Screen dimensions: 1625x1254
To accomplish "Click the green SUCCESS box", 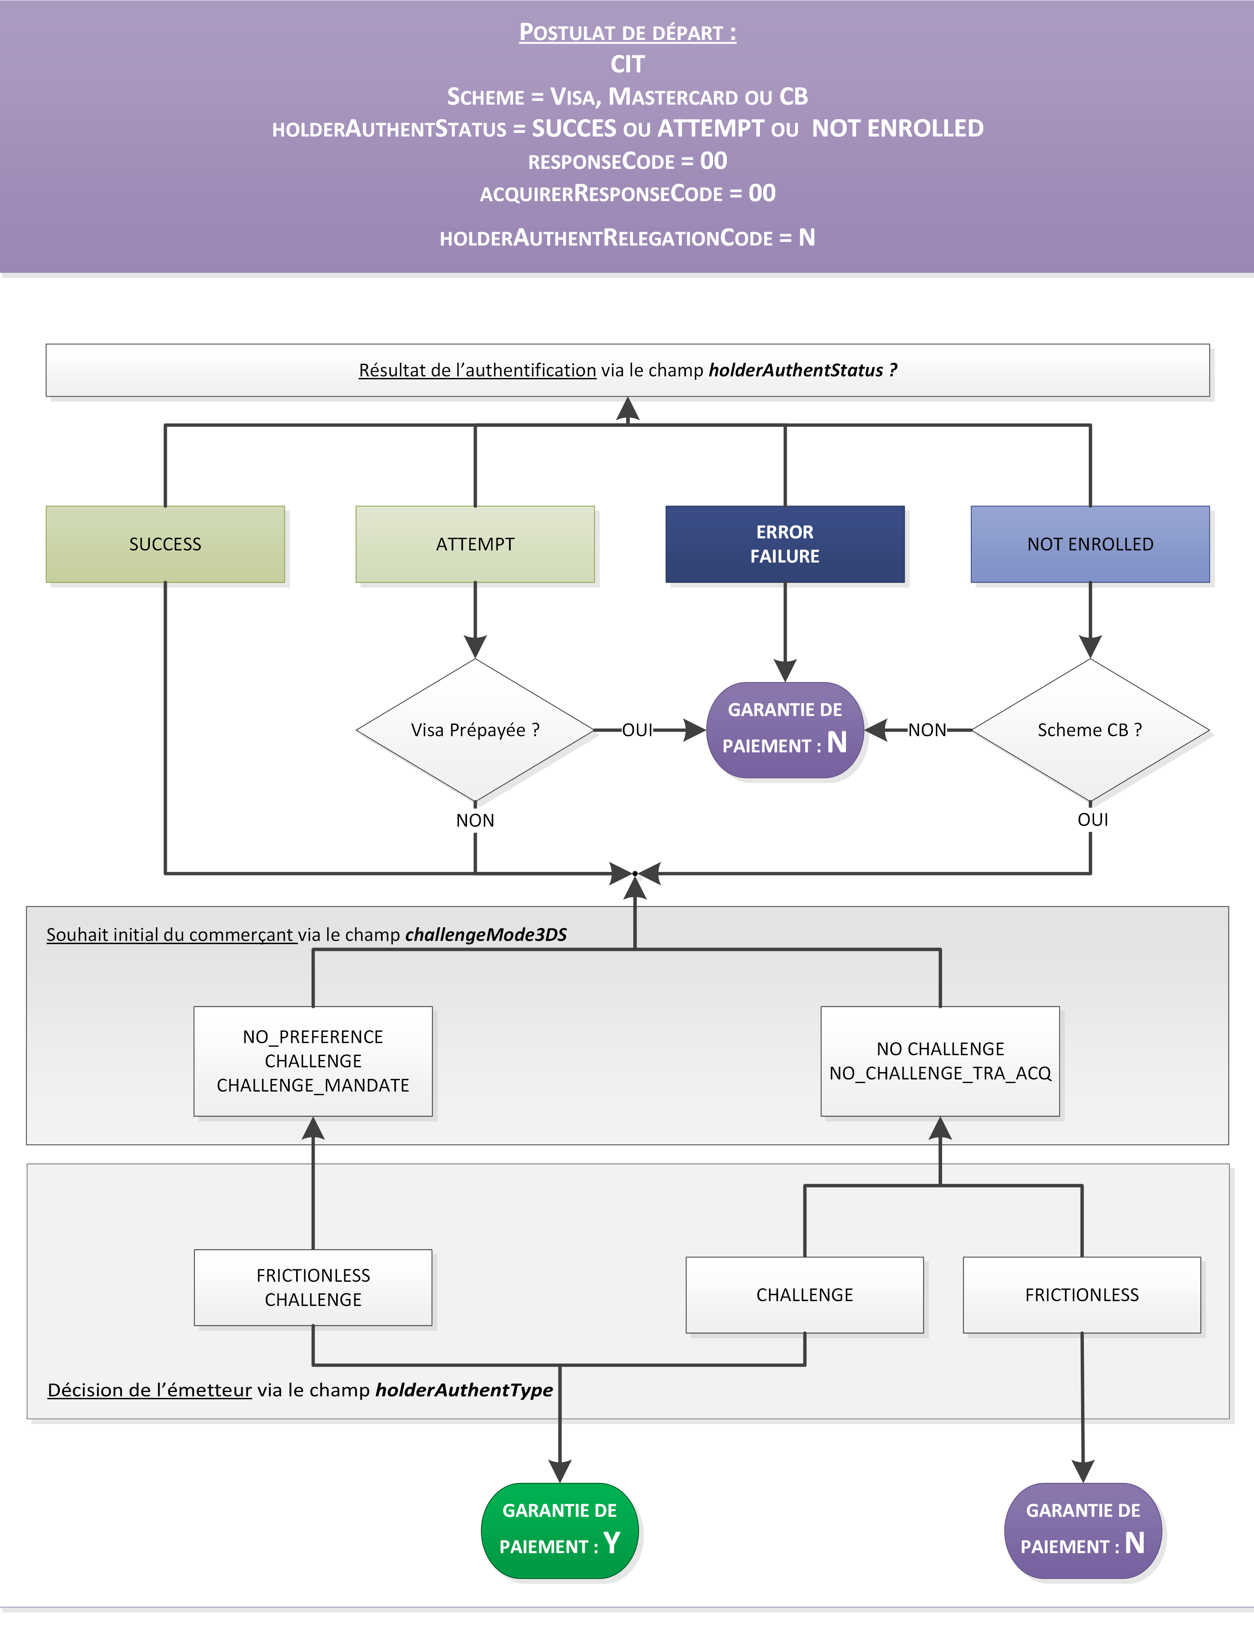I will pos(165,544).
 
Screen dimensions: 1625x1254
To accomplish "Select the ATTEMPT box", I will pos(475,544).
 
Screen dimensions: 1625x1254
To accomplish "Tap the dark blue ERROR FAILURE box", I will pos(785,544).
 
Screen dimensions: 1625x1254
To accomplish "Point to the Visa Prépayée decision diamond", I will pos(475,730).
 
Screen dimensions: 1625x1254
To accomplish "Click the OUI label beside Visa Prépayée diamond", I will pos(637,730).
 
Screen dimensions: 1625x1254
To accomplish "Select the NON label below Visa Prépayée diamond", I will pos(475,820).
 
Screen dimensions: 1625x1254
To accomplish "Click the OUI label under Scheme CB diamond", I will pos(1092,819).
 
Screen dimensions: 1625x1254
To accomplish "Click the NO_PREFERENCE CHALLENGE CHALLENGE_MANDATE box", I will pos(313,1061).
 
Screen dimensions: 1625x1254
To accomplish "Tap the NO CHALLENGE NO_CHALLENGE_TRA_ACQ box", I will pos(940,1061).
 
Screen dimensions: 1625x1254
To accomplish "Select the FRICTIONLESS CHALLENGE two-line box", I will pos(313,1287).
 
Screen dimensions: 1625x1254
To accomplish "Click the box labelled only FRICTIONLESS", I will pos(1081,1295).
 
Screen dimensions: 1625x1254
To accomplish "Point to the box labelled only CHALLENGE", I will pos(804,1295).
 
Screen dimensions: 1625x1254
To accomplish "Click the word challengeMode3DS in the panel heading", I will pos(486,934).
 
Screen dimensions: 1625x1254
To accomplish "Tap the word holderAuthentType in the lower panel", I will pos(464,1390).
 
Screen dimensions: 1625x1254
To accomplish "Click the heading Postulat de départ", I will pos(627,33).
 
